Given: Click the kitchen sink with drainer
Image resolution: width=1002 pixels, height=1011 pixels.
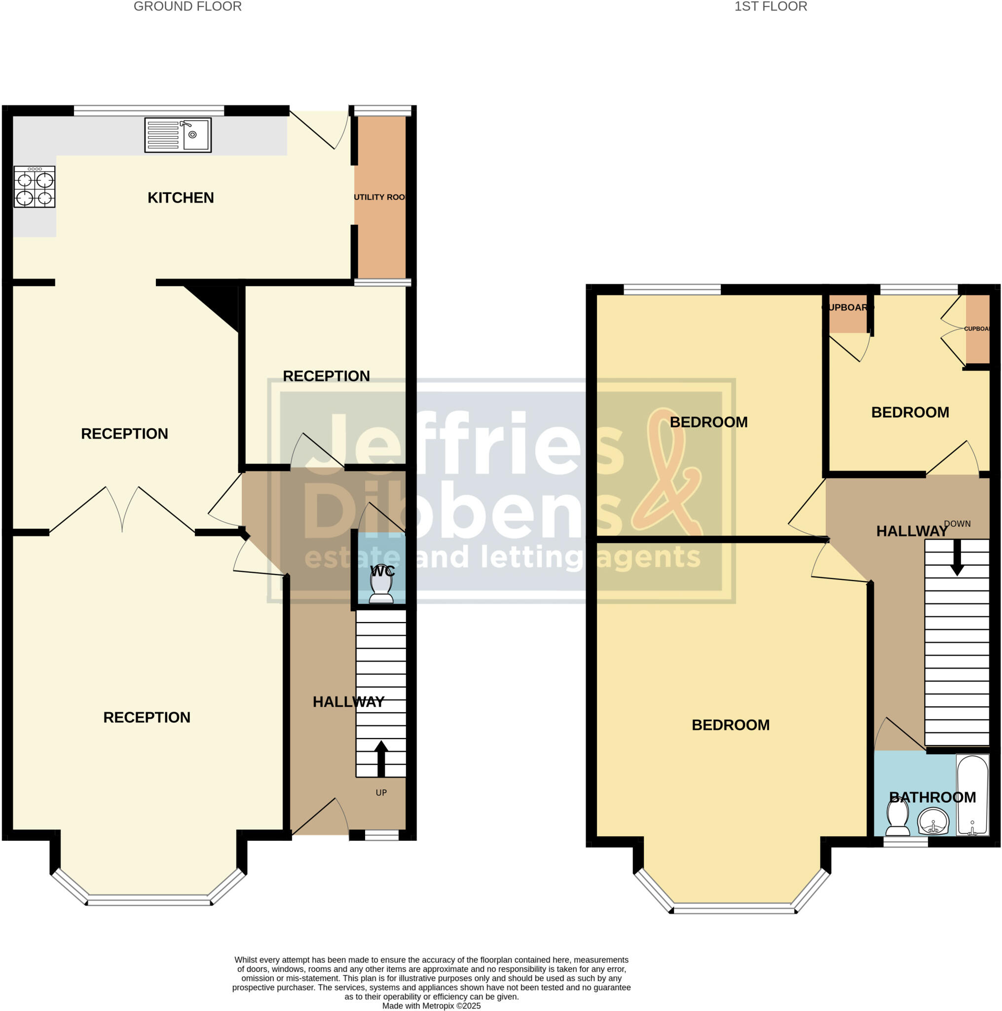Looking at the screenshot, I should (178, 135).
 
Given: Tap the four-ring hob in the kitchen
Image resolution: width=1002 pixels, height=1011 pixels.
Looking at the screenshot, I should (35, 187).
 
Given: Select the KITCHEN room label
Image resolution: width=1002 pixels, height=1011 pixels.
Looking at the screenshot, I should (181, 198).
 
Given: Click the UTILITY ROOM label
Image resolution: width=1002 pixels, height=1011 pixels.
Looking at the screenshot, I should (380, 197).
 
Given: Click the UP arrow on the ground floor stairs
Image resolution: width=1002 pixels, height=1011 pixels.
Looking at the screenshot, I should (381, 758).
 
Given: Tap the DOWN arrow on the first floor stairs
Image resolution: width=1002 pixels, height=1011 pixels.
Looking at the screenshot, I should (957, 558).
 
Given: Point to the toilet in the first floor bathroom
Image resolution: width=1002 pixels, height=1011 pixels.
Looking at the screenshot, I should (897, 819).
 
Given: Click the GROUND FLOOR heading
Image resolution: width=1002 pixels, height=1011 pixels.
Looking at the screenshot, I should (188, 7).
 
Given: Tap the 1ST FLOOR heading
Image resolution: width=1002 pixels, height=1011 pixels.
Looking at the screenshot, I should (770, 7).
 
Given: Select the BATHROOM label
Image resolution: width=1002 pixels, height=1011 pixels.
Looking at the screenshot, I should (932, 798).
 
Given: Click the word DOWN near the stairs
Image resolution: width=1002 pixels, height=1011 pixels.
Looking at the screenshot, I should (957, 524).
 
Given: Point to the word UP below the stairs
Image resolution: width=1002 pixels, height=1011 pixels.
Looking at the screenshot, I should (381, 793).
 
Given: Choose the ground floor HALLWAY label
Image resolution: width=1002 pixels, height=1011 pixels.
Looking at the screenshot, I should (348, 702).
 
